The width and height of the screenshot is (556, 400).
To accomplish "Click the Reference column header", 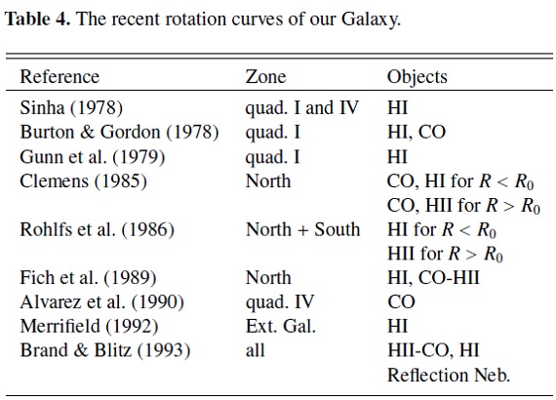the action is click(60, 77).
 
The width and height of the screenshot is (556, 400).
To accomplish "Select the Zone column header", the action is click(265, 77).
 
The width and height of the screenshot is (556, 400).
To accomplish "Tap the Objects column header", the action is click(417, 77).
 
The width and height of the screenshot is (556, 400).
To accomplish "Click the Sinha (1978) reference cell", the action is click(71, 107).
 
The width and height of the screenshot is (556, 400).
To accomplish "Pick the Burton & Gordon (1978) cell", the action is click(119, 133).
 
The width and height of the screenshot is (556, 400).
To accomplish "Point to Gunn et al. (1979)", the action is click(93, 157).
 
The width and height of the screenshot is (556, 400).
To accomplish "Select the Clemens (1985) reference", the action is click(83, 181).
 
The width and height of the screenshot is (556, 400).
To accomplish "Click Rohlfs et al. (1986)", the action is click(98, 230).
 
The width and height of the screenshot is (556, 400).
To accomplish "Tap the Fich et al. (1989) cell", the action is click(88, 278).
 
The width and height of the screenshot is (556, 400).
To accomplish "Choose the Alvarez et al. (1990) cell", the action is click(102, 302).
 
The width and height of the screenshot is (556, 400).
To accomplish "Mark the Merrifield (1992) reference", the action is click(89, 327).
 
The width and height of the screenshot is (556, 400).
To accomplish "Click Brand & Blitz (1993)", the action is click(105, 350).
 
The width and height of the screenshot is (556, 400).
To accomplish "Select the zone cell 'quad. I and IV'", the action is click(302, 108).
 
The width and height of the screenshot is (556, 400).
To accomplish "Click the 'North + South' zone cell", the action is click(302, 230).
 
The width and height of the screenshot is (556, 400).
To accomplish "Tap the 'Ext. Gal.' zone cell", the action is click(281, 326).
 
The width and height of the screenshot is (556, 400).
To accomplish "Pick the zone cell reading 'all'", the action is click(255, 350).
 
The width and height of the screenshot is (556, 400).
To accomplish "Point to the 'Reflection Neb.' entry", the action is click(449, 376).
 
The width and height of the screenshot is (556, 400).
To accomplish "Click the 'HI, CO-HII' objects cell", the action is click(433, 278).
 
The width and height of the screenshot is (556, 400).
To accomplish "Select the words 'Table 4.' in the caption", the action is click(38, 19).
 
